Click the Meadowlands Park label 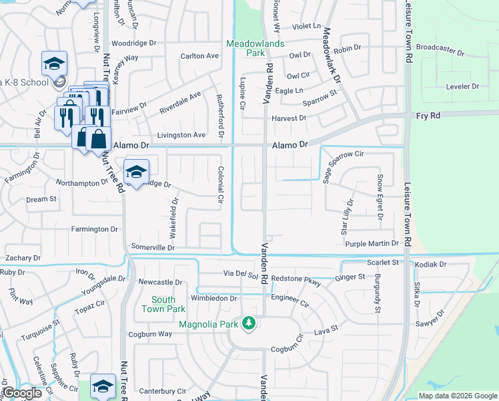tap(255, 47)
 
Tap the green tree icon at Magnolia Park tap(249, 323)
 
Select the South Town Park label tap(163, 304)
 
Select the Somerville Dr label tap(153, 247)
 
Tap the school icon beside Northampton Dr tap(135, 172)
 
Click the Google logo tap(23, 393)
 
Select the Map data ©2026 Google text tap(457, 396)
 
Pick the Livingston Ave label tap(181, 135)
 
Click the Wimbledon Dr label tap(213, 298)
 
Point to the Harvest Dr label tap(288, 118)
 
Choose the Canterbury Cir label tap(163, 391)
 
